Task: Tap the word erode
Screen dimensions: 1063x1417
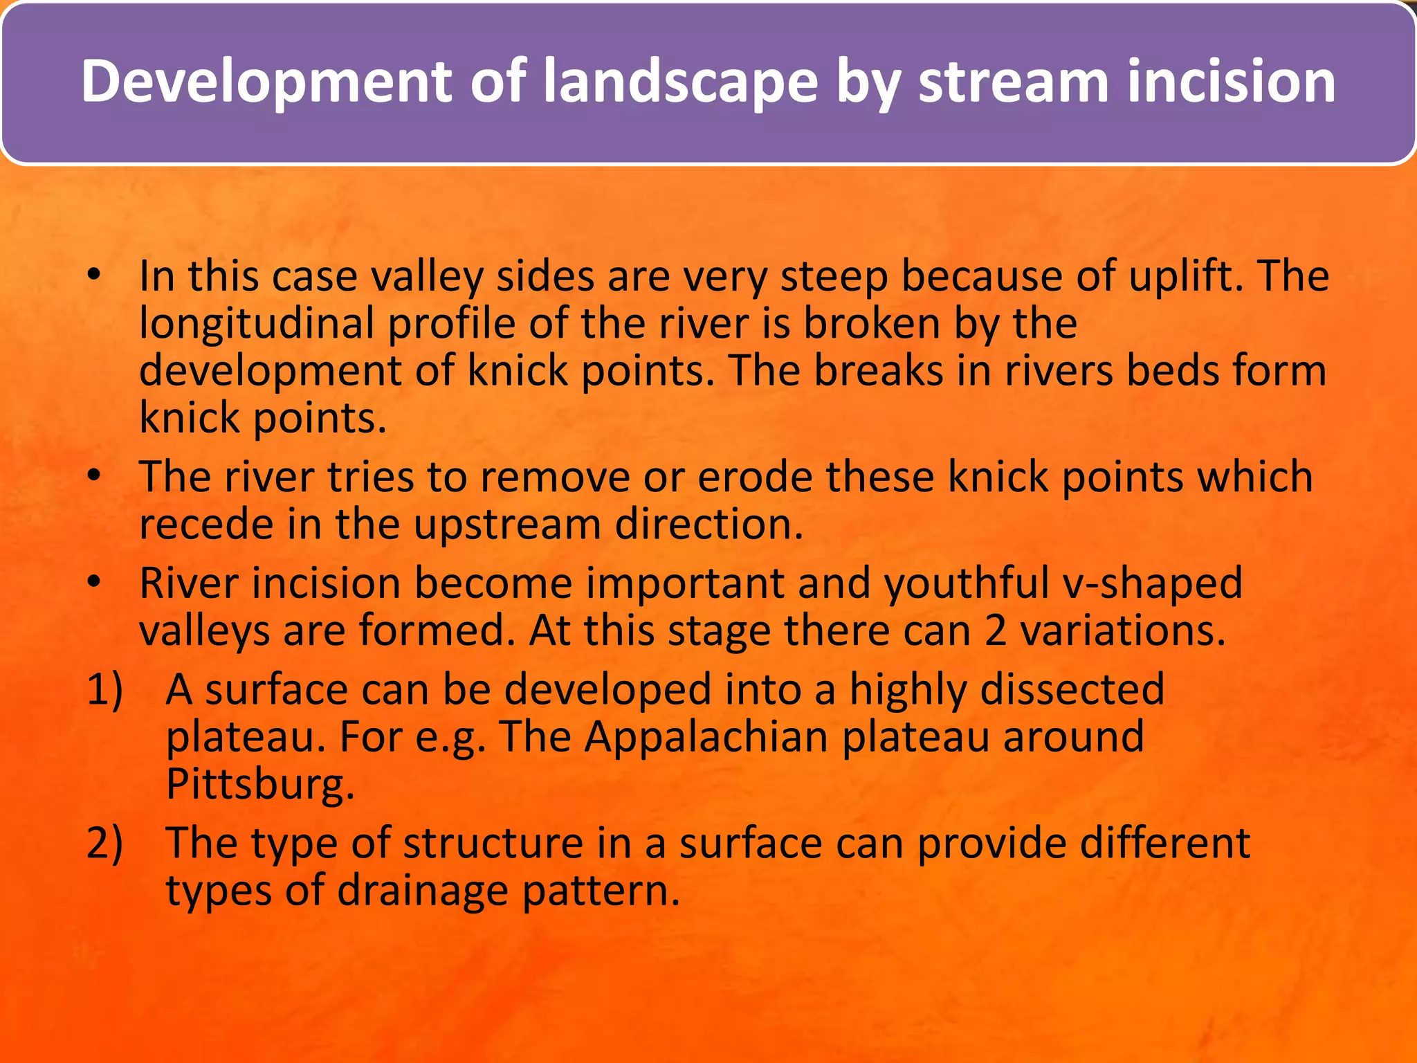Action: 755,477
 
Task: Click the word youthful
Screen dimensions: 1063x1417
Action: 966,583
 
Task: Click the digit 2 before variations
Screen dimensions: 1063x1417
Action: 995,630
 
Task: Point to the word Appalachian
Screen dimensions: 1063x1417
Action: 706,736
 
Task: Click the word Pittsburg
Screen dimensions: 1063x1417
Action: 260,784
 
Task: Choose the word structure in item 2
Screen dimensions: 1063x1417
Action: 493,843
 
